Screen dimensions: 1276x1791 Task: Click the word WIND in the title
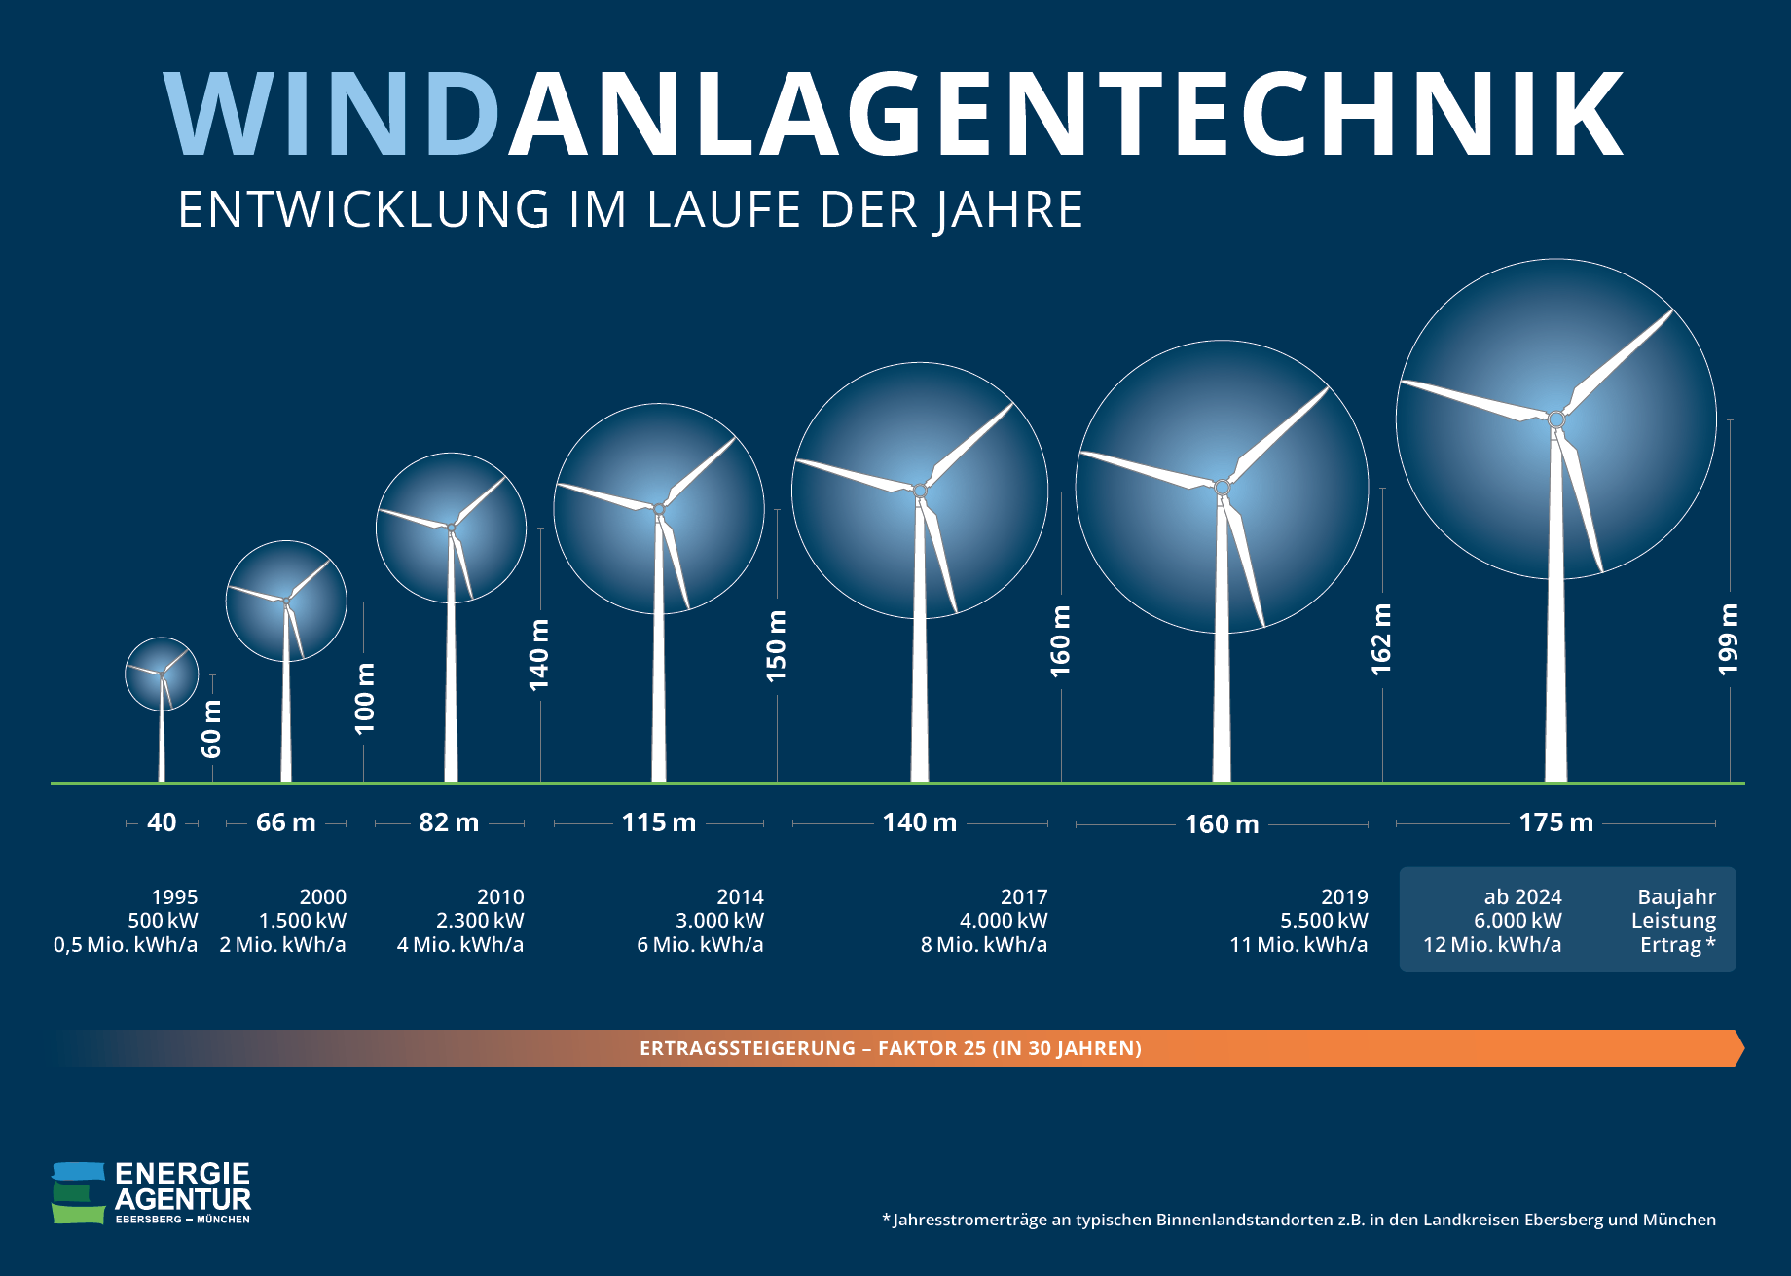pos(331,114)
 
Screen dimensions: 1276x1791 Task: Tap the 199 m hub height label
pos(1729,638)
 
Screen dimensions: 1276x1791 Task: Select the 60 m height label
pos(211,728)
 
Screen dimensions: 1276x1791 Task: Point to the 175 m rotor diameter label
pos(1555,822)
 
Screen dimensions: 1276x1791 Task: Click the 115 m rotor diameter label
pos(659,822)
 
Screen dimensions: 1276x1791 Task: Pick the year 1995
pos(174,896)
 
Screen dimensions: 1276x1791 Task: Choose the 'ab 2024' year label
pos(1522,896)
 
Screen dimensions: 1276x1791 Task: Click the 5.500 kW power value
pos(1324,920)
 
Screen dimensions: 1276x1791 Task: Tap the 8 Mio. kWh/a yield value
pos(984,944)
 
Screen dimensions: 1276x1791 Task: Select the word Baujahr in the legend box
pos(1676,896)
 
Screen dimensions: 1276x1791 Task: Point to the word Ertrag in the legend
pos(1670,944)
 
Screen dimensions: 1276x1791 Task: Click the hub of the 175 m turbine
pos(1555,419)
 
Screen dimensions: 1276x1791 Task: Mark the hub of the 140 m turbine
pos(920,491)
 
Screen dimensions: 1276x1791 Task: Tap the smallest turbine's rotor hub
pos(162,674)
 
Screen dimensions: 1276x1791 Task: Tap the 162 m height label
pos(1381,638)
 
